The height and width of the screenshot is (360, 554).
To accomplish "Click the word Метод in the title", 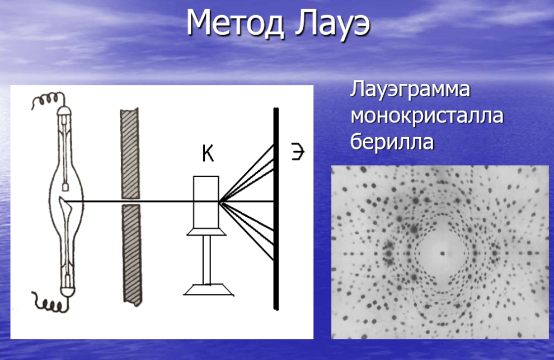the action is [x=235, y=24].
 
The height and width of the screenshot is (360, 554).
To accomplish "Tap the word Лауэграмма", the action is [x=410, y=90].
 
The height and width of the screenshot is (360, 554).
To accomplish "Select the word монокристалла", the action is [x=427, y=116].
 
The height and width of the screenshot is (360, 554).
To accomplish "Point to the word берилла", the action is [x=392, y=142].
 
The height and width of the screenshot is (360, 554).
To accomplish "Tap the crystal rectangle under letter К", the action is [x=206, y=202].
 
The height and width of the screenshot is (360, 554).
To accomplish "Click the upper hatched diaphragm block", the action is [x=130, y=154].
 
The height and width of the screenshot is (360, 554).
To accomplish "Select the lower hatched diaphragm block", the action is [x=132, y=255].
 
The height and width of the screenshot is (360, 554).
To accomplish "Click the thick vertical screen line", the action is [x=276, y=209].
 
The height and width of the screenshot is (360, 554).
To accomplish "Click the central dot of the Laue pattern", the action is [x=442, y=253].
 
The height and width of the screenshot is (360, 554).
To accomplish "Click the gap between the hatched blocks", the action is [x=131, y=202].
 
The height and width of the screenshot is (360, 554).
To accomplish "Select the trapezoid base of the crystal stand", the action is [x=209, y=289].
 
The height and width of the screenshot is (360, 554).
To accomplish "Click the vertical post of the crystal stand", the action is [x=207, y=260].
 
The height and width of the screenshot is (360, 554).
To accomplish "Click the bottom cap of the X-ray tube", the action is [x=68, y=291].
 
